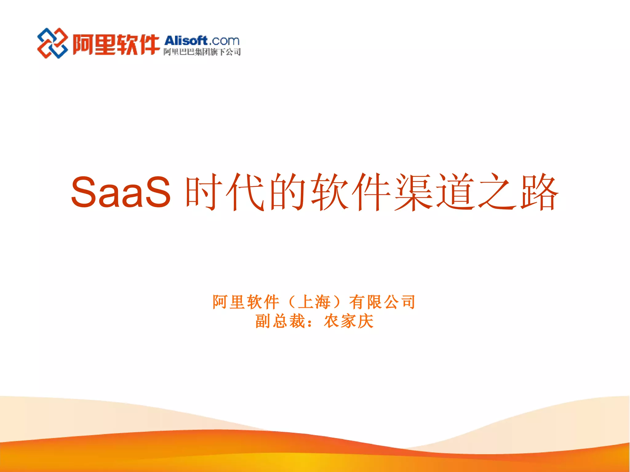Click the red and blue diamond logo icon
pyautogui.click(x=53, y=43)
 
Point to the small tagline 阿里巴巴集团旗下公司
pyautogui.click(x=202, y=52)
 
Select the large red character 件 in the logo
pyautogui.click(x=149, y=45)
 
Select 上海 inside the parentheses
pyautogui.click(x=314, y=302)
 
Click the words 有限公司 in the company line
pyautogui.click(x=382, y=302)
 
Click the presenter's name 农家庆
pyautogui.click(x=349, y=321)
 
